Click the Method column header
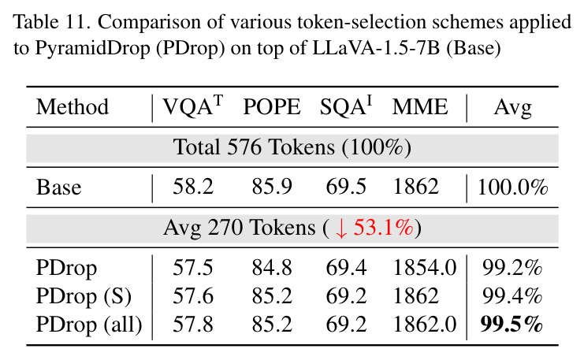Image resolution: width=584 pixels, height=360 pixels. click(x=73, y=107)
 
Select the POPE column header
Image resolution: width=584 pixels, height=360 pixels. click(x=272, y=107)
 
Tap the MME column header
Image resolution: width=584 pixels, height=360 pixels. click(x=420, y=107)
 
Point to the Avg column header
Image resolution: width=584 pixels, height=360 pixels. click(x=512, y=109)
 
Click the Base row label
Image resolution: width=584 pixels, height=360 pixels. click(x=58, y=187)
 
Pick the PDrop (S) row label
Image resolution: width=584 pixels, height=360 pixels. click(x=84, y=296)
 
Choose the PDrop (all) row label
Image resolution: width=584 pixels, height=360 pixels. click(x=89, y=325)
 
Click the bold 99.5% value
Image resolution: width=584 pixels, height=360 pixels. click(x=511, y=324)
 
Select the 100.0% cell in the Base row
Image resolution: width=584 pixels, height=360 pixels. click(x=512, y=187)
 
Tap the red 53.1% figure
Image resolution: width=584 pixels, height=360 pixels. click(x=383, y=227)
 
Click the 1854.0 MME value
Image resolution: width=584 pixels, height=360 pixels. click(x=425, y=268)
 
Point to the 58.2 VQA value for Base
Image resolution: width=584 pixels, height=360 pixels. click(x=193, y=187)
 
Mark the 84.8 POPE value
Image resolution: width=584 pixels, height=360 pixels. click(x=272, y=268)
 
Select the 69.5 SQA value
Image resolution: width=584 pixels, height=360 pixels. click(x=346, y=187)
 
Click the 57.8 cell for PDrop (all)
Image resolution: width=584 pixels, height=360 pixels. click(x=193, y=325)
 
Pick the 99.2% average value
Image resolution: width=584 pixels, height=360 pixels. click(x=512, y=268)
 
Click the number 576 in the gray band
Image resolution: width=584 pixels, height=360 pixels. click(x=244, y=147)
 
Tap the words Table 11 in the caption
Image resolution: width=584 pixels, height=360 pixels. click(x=52, y=22)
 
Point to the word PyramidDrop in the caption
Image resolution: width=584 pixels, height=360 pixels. click(x=93, y=49)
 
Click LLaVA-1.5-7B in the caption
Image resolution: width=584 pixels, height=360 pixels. click(x=376, y=47)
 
